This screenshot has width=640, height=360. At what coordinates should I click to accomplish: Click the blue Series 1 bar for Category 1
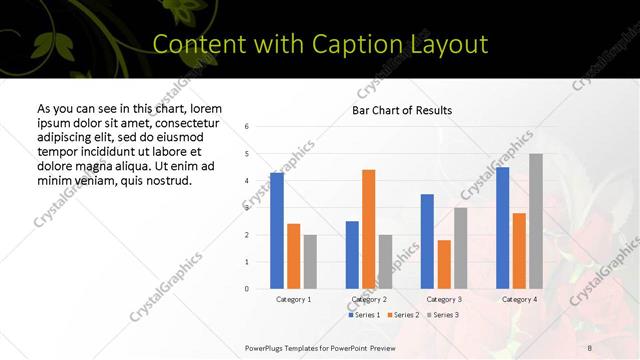point(277,231)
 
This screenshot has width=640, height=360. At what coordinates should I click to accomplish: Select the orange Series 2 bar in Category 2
point(368,229)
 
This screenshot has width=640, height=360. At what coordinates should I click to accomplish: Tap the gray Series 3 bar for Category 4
point(536,221)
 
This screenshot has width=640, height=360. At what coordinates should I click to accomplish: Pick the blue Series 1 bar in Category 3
point(427,241)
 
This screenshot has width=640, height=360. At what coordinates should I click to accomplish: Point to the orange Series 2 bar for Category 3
point(444,264)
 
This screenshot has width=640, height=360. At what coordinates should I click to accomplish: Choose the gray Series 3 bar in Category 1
point(310,262)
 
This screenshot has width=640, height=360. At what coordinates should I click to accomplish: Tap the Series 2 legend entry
point(402,315)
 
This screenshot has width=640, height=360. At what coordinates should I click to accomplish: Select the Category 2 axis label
point(369,299)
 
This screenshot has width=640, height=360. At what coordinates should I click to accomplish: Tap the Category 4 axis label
point(519,299)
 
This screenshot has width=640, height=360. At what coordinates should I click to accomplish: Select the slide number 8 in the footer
point(590,347)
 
